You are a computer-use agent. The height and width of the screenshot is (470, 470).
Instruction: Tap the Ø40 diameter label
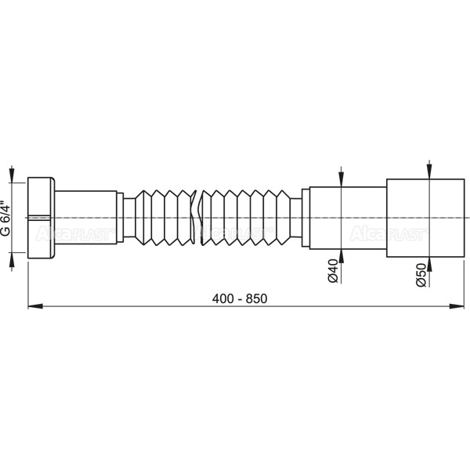(x=333, y=271)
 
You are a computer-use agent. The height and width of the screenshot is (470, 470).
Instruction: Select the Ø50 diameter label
(x=421, y=275)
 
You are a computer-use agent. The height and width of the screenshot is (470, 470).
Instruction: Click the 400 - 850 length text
(x=240, y=298)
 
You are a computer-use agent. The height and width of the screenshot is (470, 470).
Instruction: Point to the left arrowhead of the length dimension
(x=35, y=306)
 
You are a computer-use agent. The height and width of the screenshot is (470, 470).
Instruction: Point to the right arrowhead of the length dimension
(x=457, y=306)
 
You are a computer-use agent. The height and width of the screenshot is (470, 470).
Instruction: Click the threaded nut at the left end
(x=41, y=218)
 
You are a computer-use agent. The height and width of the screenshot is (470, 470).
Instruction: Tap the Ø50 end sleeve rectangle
(x=425, y=218)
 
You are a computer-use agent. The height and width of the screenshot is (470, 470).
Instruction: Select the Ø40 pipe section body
(x=348, y=218)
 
